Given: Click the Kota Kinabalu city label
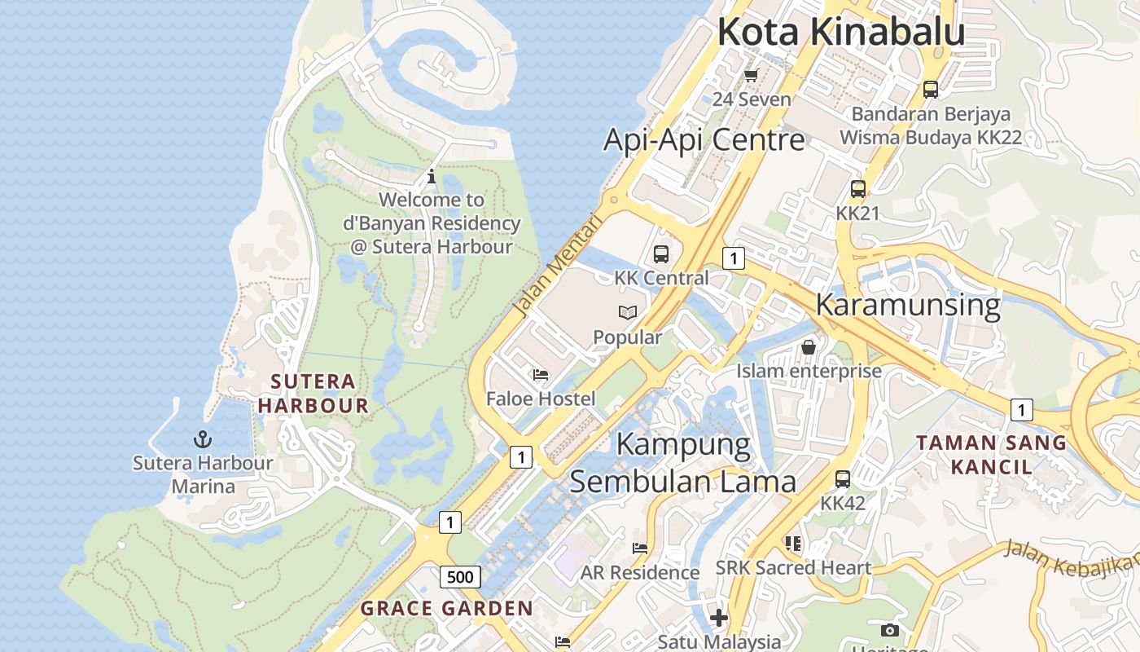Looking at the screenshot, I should coord(840,33).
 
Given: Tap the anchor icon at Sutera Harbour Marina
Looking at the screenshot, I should coord(202,440).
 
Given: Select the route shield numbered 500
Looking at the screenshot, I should coord(460,577).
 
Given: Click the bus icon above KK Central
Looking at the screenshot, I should coord(661,253).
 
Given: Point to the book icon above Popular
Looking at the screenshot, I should coord(627,312).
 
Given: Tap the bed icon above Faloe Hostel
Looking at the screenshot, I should coord(541,375).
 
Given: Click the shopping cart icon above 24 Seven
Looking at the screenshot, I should coord(751,76).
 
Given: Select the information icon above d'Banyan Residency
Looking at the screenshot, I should coord(432,175).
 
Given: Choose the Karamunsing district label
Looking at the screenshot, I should coord(907,305).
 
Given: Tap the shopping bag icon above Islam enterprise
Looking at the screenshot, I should coord(809,347).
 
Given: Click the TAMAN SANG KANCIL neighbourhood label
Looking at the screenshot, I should coord(991,455).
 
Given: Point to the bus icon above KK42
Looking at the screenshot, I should coord(843,479).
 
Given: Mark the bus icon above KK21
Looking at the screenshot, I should coord(858,189).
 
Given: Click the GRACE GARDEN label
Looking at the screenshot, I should coord(446,608).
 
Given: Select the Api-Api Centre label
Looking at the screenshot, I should coord(704,139).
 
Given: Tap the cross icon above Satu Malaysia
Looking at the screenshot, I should coord(718,618).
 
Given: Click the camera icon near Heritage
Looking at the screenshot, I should coord(889,630).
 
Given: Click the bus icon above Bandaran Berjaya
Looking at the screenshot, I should coord(930,90).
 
